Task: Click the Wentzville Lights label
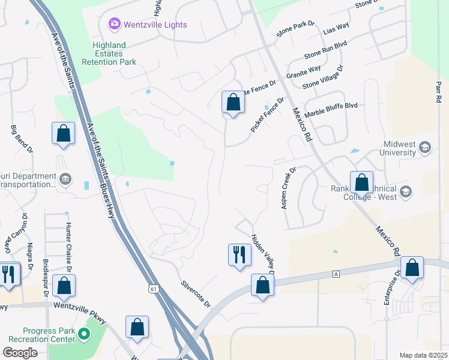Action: tap(155, 25)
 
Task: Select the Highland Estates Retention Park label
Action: tap(114, 53)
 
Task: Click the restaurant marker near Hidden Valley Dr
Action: tap(240, 254)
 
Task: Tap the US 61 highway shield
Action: tap(154, 289)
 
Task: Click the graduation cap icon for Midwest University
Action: tap(425, 147)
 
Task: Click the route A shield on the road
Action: tap(336, 274)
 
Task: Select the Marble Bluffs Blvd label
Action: tap(331, 109)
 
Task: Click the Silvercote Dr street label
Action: tap(196, 293)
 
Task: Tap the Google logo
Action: tap(20, 353)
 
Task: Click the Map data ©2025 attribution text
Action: tap(423, 355)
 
